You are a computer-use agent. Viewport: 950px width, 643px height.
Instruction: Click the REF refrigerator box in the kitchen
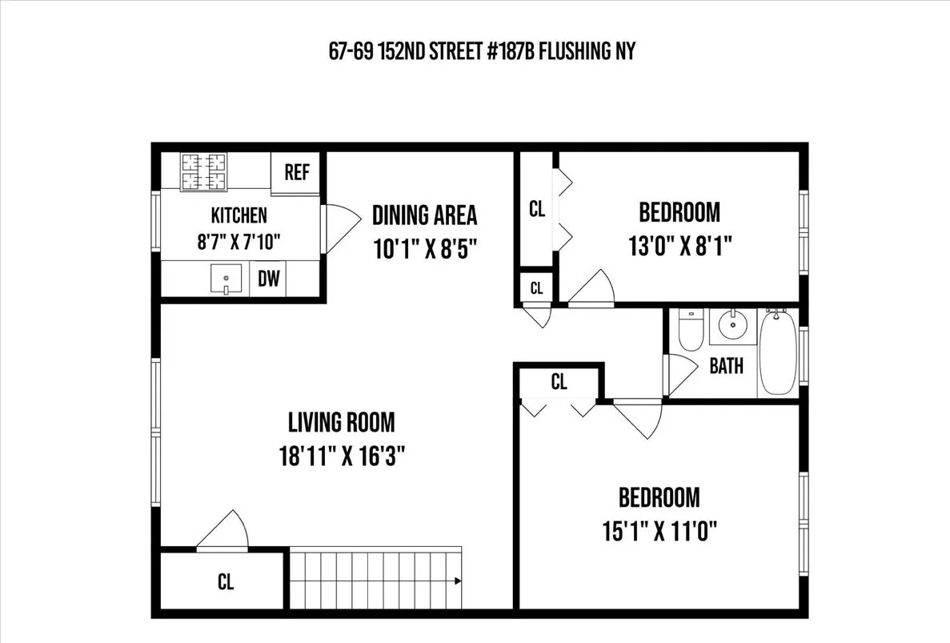[x=297, y=173]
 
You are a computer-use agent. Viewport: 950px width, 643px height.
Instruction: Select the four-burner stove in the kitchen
[x=204, y=171]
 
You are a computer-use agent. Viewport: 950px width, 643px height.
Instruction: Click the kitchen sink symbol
[x=226, y=279]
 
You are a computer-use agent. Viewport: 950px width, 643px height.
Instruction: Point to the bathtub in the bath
[x=776, y=352]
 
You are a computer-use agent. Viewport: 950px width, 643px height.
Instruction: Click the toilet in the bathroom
[x=689, y=333]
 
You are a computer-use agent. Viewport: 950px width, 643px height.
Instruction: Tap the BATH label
[x=726, y=366]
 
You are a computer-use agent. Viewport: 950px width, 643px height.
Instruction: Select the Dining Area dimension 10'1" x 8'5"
[x=424, y=247]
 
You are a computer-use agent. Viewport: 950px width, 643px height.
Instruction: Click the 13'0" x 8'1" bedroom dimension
[x=679, y=244]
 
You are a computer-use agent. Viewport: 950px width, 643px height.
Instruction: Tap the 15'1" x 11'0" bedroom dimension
[x=658, y=529]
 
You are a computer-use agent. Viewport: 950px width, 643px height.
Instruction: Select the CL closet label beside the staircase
[x=226, y=582]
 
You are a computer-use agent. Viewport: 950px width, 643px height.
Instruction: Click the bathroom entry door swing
[x=679, y=369]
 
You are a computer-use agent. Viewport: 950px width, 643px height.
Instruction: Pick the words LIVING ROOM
[x=342, y=422]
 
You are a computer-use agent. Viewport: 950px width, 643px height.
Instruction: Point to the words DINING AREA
[x=424, y=215]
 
